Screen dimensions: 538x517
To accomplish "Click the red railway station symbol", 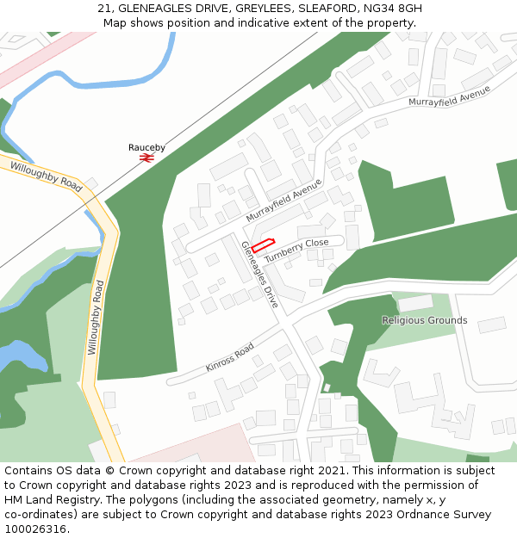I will [x=146, y=158].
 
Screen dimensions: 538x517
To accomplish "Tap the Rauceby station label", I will [x=146, y=147].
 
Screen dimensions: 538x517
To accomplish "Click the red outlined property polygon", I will [x=262, y=245].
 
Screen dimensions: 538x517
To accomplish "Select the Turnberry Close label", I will [x=296, y=250].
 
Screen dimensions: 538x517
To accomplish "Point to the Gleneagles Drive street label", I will [x=259, y=275].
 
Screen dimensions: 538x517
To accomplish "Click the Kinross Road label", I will [x=229, y=357].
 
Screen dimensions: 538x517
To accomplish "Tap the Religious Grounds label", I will [x=424, y=320].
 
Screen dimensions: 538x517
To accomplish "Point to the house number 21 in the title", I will [x=104, y=8].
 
